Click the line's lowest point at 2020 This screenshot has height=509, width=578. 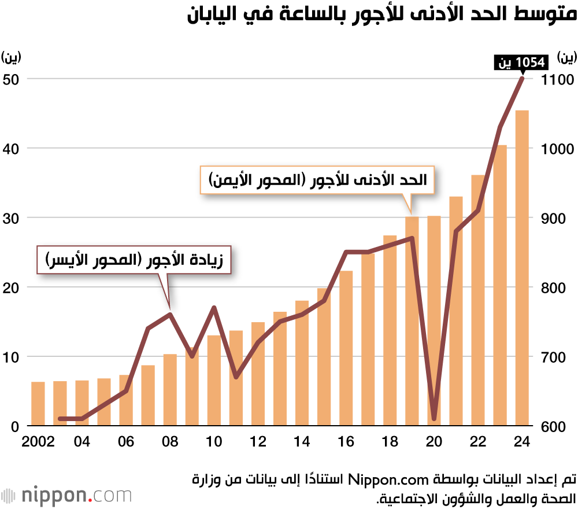pos(434,418)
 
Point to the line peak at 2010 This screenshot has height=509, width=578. pos(214,308)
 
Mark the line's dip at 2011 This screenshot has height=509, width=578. pos(236,377)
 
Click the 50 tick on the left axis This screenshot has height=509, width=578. pos(11,79)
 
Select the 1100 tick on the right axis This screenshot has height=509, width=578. pos(557,79)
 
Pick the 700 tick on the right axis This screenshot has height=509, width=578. pos(557,357)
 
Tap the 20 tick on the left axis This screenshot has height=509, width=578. pos(11,287)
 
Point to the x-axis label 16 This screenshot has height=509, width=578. pos(346,441)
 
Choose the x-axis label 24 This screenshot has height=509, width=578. pos(522,441)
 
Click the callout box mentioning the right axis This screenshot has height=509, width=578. pos(318,180)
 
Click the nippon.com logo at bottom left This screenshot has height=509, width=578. pos(66,496)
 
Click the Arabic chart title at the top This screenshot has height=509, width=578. pos(381,14)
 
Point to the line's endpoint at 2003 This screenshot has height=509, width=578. pos(60,418)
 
